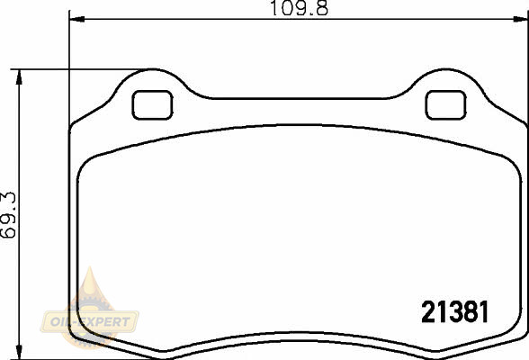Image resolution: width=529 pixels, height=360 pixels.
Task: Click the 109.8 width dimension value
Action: tap(300, 8)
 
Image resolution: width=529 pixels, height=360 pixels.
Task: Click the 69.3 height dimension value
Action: tap(8, 215)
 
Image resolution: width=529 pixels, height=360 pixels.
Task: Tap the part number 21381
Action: tap(455, 312)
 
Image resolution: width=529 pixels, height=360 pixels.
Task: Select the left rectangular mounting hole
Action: tap(153, 105)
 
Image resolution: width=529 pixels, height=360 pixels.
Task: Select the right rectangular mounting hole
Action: tap(445, 105)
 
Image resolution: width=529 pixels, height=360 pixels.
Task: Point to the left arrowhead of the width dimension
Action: tap(76, 19)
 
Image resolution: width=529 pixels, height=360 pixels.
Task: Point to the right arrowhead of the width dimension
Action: tap(520, 19)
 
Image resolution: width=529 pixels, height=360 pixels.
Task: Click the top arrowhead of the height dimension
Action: tap(19, 76)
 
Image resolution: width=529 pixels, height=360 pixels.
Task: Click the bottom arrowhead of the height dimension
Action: tap(19, 352)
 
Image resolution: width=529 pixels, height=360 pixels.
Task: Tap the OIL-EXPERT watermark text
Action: tap(90, 322)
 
